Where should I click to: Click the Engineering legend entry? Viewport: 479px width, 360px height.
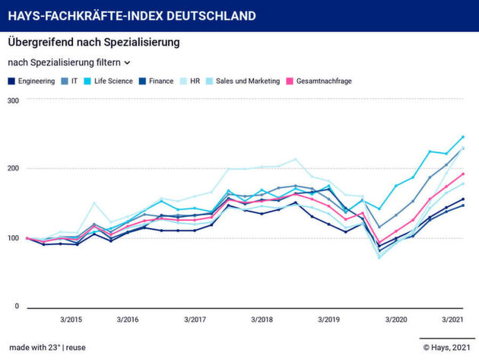pyautogui.click(x=36, y=81)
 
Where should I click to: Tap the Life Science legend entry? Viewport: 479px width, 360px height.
pyautogui.click(x=113, y=81)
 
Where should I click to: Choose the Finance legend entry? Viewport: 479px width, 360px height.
pyautogui.click(x=160, y=81)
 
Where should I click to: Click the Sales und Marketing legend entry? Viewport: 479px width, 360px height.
pyautogui.click(x=246, y=81)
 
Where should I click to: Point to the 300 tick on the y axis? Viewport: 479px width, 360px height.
pyautogui.click(x=13, y=100)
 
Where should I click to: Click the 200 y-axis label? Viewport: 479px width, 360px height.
pyautogui.click(x=13, y=168)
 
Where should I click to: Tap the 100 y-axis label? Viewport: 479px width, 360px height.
pyautogui.click(x=13, y=237)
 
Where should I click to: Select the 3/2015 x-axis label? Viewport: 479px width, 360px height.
pyautogui.click(x=72, y=319)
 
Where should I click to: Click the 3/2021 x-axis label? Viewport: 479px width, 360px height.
pyautogui.click(x=453, y=319)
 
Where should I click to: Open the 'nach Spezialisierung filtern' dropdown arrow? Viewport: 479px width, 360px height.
pyautogui.click(x=127, y=62)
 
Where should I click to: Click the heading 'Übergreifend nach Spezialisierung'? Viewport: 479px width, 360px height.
pyautogui.click(x=94, y=43)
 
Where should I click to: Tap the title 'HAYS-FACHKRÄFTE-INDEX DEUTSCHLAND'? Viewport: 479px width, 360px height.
pyautogui.click(x=132, y=16)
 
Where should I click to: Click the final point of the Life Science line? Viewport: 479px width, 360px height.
pyautogui.click(x=463, y=137)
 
